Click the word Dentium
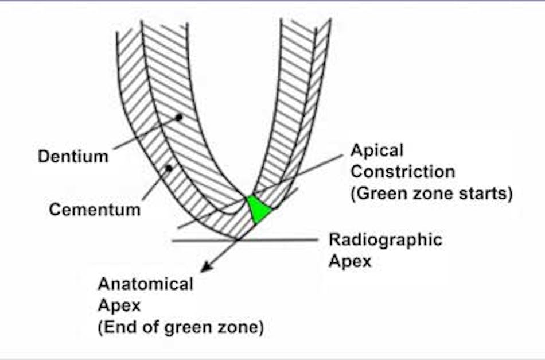pyautogui.click(x=73, y=156)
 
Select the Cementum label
pyautogui.click(x=94, y=209)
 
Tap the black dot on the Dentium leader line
pyautogui.click(x=179, y=117)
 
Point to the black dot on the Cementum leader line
pyautogui.click(x=168, y=168)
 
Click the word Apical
pyautogui.click(x=377, y=150)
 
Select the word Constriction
pyautogui.click(x=403, y=171)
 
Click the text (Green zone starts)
pyautogui.click(x=431, y=193)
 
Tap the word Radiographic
pyautogui.click(x=385, y=239)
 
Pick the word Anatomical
pyautogui.click(x=145, y=284)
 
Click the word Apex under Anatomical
pyautogui.click(x=119, y=305)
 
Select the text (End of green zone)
pyautogui.click(x=180, y=328)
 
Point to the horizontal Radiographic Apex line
pyautogui.click(x=287, y=240)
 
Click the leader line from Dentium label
pyautogui.click(x=143, y=134)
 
